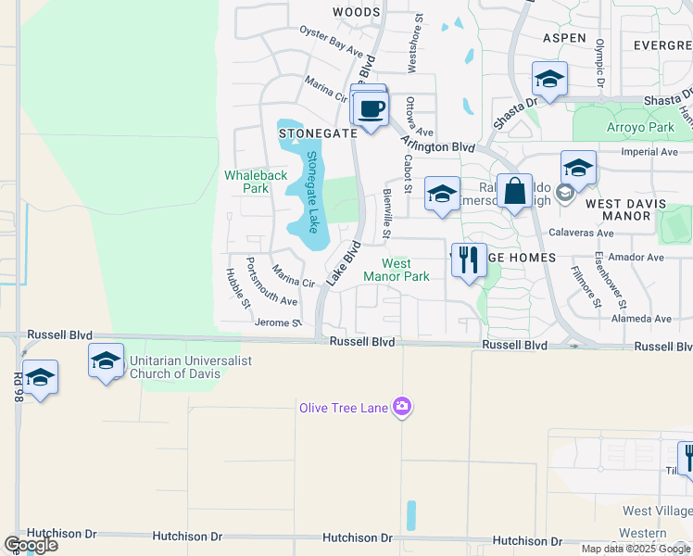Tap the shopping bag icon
click(x=514, y=192)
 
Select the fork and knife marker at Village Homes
click(x=469, y=259)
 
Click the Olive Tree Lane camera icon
click(x=401, y=407)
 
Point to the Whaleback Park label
click(x=256, y=182)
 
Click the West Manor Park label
click(x=397, y=270)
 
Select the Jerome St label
click(x=278, y=322)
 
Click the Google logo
click(x=30, y=545)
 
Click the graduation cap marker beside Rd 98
click(x=40, y=378)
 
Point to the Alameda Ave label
click(x=642, y=319)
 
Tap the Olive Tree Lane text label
click(x=343, y=407)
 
